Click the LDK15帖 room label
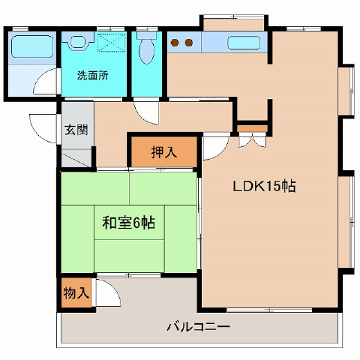point(264,186)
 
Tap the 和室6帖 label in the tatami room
point(128,223)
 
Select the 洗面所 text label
point(93,75)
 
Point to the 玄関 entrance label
point(76,130)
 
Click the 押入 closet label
point(164,152)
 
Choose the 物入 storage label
point(76,292)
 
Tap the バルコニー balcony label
point(198,327)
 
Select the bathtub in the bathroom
point(32,46)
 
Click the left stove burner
point(175,43)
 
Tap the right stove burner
point(189,43)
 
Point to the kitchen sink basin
point(244,43)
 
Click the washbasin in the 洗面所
point(78,41)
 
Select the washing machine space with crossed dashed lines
point(111,42)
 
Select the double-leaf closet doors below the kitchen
point(253,140)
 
